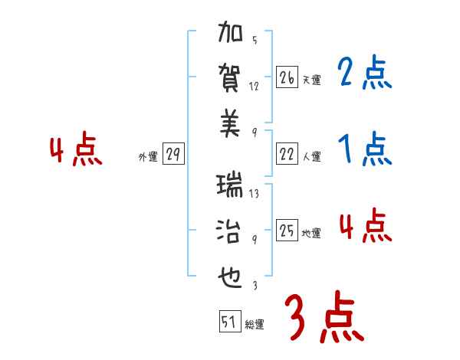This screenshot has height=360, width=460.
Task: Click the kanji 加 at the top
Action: coord(230,35)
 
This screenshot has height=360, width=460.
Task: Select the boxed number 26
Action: coord(287,78)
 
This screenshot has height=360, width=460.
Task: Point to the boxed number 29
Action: coord(173,155)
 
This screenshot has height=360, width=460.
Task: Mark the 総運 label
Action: coord(254,325)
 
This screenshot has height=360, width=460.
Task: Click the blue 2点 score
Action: coord(364,74)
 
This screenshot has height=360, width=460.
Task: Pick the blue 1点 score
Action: coord(364,149)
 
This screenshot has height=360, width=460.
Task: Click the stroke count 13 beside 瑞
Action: coord(254,194)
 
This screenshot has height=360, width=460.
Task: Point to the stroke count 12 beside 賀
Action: coord(254,86)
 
